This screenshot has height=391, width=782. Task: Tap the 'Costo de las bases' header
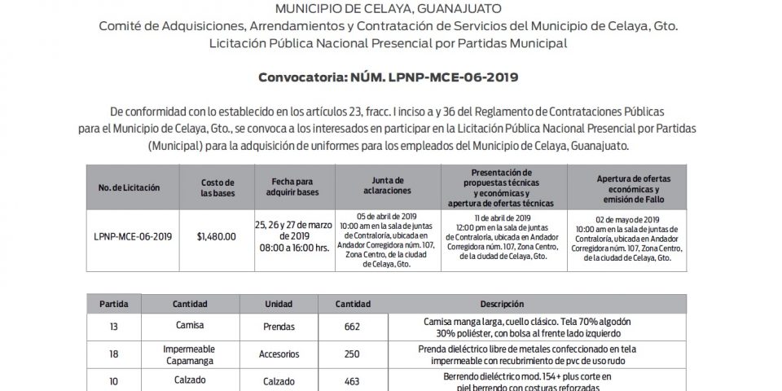click(x=217, y=187)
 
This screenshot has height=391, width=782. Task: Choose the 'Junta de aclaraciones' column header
click(x=387, y=187)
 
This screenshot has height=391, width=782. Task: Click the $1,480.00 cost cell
click(x=217, y=236)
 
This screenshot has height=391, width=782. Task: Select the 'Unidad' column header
click(x=279, y=303)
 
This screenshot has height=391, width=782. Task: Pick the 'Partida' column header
click(x=113, y=303)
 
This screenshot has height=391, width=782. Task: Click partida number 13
click(x=113, y=327)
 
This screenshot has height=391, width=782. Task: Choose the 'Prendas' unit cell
click(x=280, y=327)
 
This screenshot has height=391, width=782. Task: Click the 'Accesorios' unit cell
click(x=280, y=354)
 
